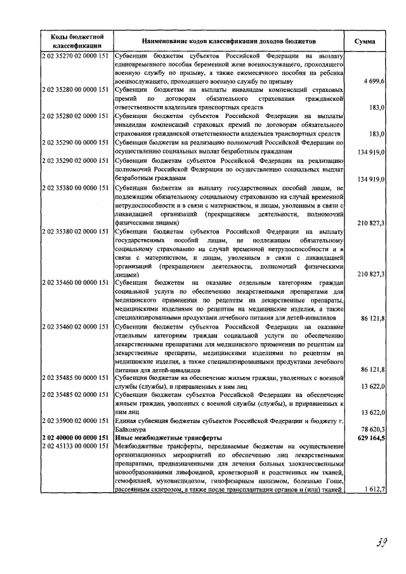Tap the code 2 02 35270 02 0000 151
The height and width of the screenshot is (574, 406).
point(77,56)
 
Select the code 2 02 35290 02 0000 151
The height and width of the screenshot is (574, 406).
point(77,162)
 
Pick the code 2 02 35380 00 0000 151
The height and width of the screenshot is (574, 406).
point(77,188)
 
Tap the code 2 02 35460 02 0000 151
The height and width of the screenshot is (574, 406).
point(77,325)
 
